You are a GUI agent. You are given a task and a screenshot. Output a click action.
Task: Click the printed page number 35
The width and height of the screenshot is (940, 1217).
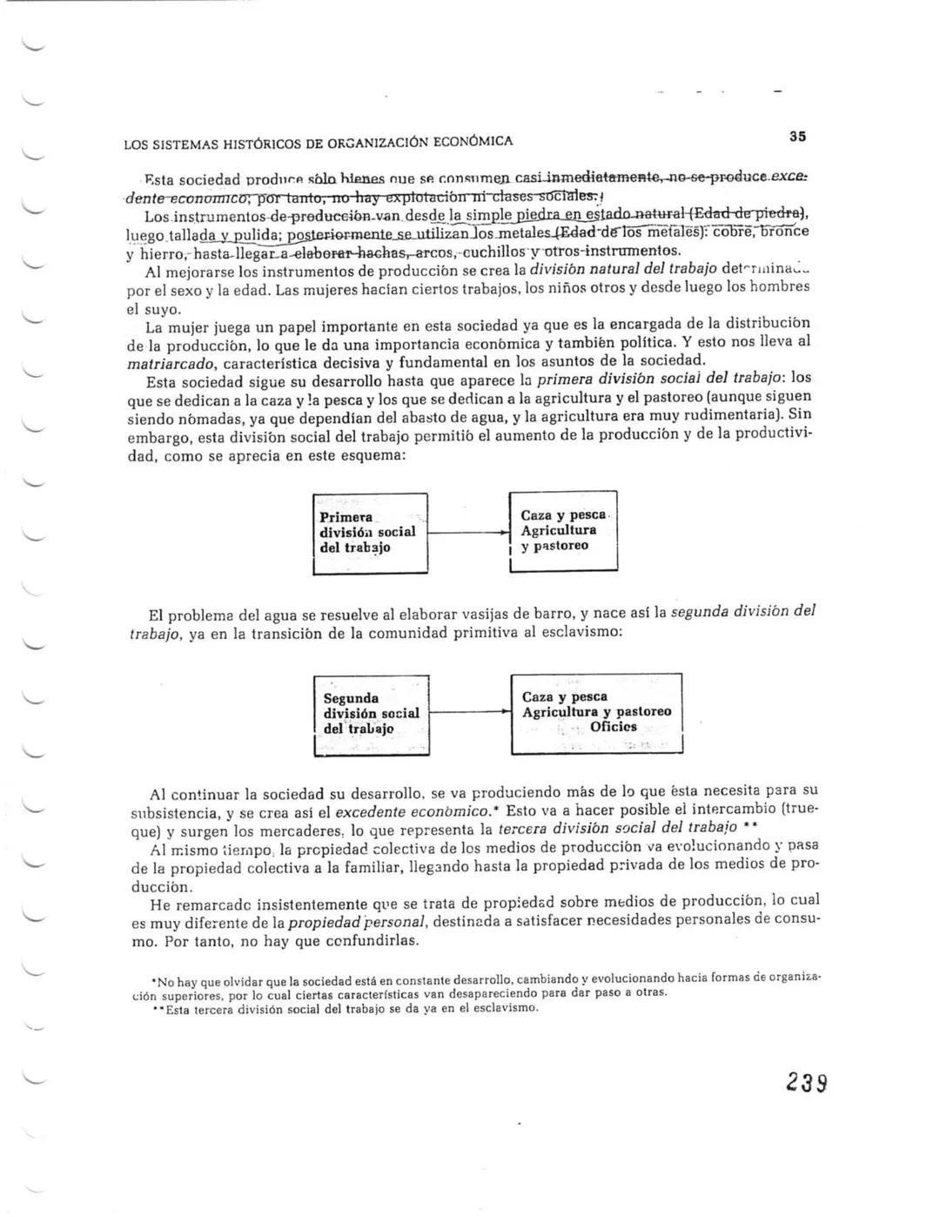pos(797,137)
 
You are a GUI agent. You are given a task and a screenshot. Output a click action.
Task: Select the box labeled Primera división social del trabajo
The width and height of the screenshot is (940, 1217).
pos(370,534)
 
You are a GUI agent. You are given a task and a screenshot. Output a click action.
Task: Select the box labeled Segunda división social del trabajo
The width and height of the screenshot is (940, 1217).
pos(372,714)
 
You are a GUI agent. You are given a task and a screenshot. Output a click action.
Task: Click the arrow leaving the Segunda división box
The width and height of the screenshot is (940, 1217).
pos(470,711)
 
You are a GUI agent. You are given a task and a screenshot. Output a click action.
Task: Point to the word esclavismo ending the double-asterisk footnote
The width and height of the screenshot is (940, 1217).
pos(506,1008)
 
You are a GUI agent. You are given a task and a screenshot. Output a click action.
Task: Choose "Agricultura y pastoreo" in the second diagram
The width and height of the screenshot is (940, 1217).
pos(596,711)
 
